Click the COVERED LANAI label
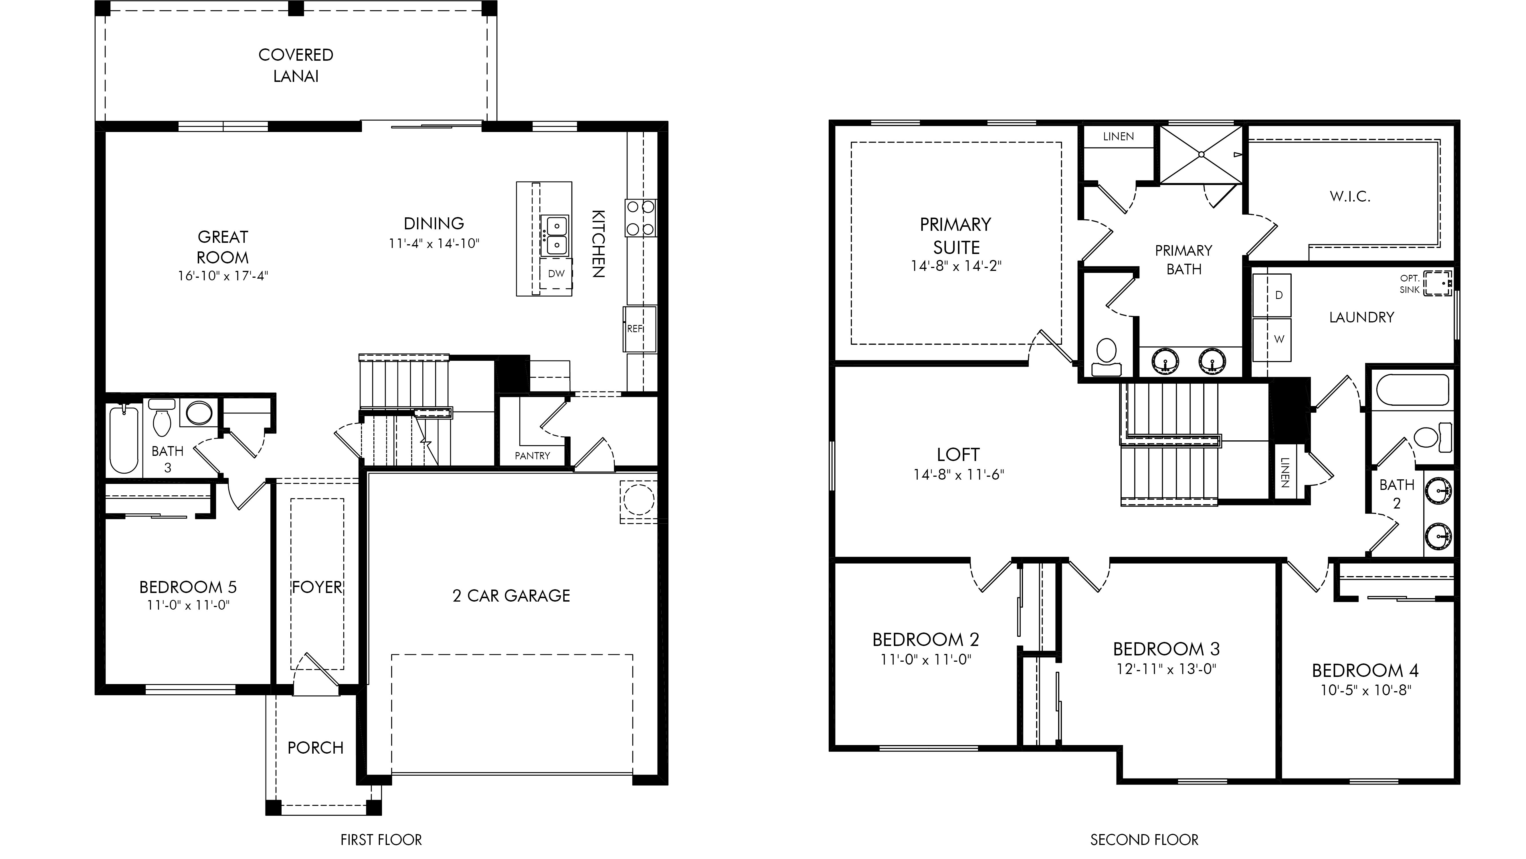tap(296, 65)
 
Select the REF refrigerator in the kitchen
tap(640, 329)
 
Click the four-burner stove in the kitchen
tap(640, 218)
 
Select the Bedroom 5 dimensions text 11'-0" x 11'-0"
tap(188, 605)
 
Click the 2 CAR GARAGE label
tap(511, 596)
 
